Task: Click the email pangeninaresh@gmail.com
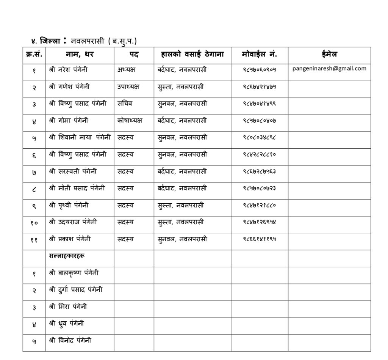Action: coord(329,69)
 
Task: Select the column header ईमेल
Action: coord(329,55)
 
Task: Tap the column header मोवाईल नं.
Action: coord(259,55)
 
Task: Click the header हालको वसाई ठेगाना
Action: coord(192,55)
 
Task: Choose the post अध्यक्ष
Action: coord(127,70)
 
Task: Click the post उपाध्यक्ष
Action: coord(128,87)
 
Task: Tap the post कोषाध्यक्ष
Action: coord(130,121)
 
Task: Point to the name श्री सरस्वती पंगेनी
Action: coord(73,171)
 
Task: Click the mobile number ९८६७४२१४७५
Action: coord(259,87)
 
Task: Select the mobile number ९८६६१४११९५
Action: coord(259,239)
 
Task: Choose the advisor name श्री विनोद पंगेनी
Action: coord(70,340)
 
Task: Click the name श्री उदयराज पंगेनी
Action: coord(73,222)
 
